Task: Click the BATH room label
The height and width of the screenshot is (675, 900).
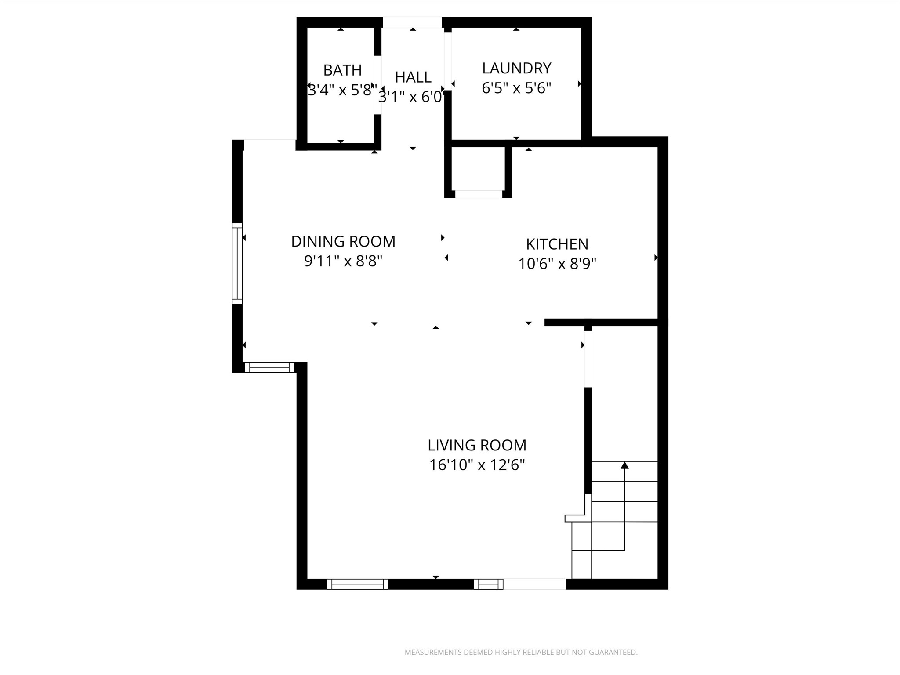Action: click(x=342, y=70)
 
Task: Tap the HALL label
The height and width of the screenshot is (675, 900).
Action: click(x=413, y=77)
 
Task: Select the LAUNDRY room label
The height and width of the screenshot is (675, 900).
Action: click(x=516, y=68)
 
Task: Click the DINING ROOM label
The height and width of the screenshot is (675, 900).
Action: click(x=343, y=241)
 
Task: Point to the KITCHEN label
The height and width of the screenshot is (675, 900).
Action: click(x=557, y=244)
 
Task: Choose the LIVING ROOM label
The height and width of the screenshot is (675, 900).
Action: click(x=477, y=445)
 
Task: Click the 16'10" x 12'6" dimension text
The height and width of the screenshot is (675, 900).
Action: click(x=477, y=465)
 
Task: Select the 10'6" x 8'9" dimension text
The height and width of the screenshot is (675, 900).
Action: click(x=557, y=264)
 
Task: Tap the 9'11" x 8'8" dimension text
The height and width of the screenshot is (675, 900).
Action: click(x=343, y=261)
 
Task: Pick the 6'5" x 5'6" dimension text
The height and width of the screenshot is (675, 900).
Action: click(x=516, y=88)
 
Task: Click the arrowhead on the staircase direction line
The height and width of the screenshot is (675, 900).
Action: click(x=624, y=465)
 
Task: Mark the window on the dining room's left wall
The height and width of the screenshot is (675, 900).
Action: click(x=237, y=263)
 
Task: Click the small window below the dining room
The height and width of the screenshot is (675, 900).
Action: click(x=269, y=367)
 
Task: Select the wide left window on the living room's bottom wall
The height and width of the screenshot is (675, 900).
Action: click(x=357, y=584)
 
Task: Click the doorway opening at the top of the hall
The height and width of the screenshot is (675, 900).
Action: click(x=412, y=22)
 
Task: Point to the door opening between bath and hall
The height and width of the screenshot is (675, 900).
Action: click(x=377, y=85)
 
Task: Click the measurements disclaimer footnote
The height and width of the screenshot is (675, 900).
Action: click(x=521, y=652)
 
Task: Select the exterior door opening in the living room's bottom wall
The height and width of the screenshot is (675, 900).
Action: click(x=534, y=584)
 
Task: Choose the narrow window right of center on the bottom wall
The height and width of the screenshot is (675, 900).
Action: click(x=488, y=584)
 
